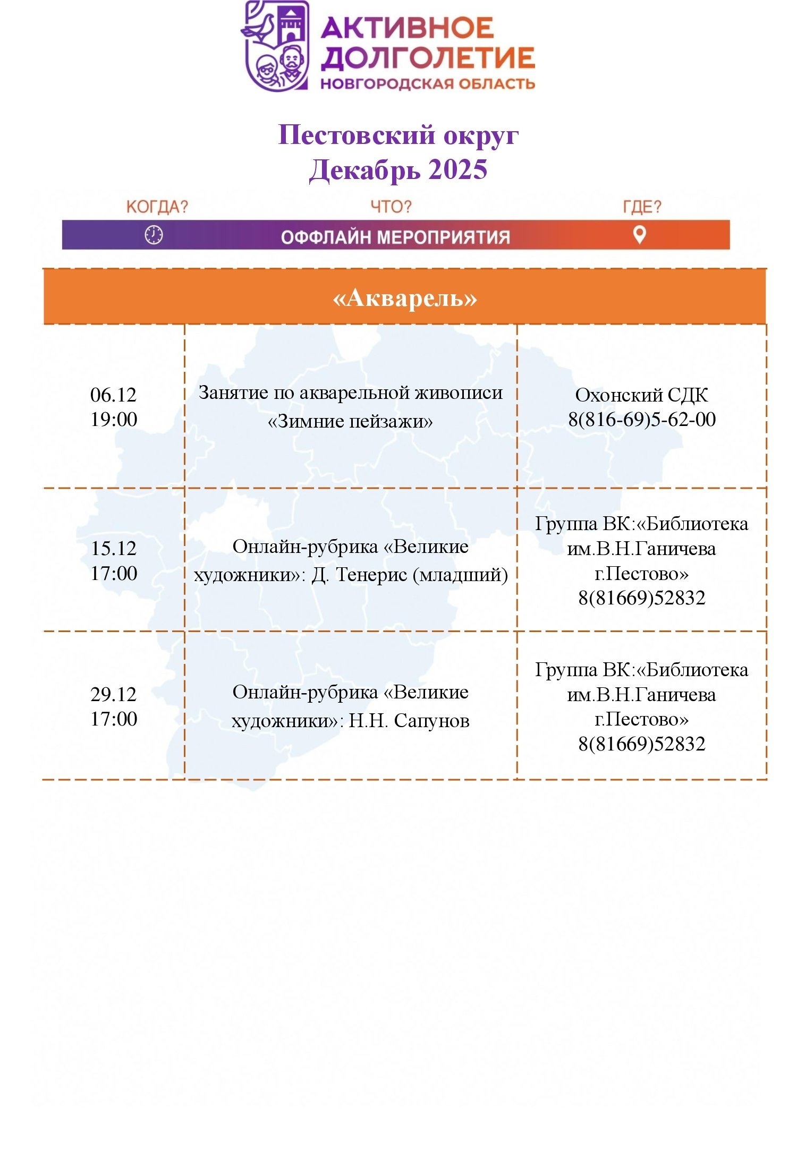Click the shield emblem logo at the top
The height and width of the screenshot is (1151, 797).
tap(276, 46)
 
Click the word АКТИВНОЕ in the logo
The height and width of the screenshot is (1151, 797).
tap(408, 28)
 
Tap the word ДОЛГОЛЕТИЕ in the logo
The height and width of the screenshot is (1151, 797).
tap(428, 58)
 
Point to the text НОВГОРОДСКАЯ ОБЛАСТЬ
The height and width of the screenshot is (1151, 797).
tap(428, 83)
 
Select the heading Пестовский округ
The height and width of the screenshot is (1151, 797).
tap(398, 135)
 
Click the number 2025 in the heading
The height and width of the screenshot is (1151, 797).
tap(457, 170)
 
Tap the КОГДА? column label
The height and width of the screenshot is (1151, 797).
tap(157, 207)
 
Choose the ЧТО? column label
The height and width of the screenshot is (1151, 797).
tap(391, 207)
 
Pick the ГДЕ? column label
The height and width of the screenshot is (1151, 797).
tap(642, 207)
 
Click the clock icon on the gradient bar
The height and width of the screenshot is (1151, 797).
tap(154, 234)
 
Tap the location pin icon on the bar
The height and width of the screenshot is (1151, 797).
tap(640, 234)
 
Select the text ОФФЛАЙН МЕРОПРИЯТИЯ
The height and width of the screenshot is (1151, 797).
tap(395, 237)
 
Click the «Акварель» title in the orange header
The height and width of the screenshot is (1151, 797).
tap(404, 298)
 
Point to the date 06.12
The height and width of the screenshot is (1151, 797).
tap(113, 395)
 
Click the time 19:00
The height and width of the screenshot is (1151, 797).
tap(114, 419)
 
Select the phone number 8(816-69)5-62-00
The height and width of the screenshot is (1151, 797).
tap(642, 419)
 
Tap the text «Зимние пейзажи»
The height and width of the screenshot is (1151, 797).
tap(350, 421)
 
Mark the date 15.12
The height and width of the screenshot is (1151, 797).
tap(114, 548)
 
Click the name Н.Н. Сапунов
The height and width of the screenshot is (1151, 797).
tap(409, 721)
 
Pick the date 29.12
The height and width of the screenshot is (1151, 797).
tap(114, 694)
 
